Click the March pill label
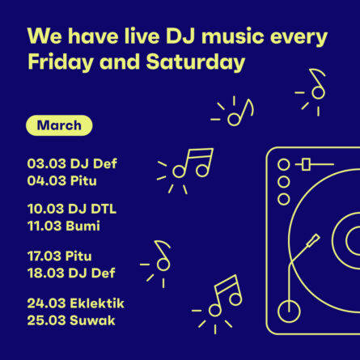pos(59,125)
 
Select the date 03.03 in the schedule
pos(46,163)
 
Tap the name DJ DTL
pos(92,209)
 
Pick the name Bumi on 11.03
pos(83,226)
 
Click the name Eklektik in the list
pos(97,303)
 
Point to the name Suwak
pos(92,320)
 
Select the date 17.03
pos(44,256)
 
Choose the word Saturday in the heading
pos(196,62)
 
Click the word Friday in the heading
pos(61,62)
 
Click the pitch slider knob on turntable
pos(306,164)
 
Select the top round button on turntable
pos(283,164)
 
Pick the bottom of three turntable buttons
pos(283,199)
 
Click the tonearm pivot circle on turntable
pos(289,311)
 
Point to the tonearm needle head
pos(313,240)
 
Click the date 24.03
pos(46,303)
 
